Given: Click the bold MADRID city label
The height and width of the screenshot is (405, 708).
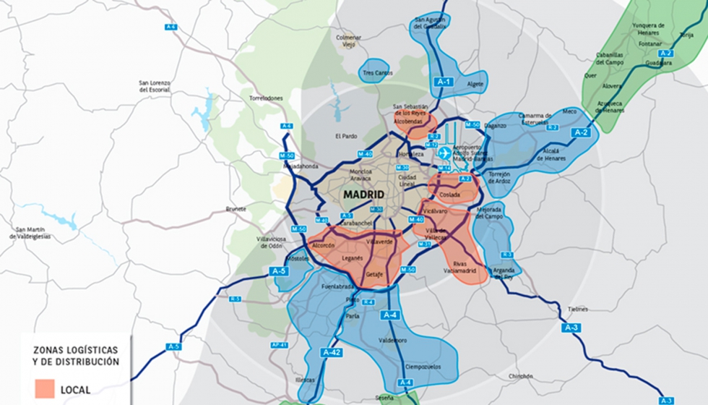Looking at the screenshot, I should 363,195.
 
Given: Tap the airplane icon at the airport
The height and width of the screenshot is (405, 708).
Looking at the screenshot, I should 444,153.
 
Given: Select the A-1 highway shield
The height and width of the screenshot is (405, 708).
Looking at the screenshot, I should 444,82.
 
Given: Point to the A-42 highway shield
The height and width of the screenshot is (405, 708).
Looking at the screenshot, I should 331,352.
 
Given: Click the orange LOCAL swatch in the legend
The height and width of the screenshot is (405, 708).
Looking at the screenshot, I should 48,389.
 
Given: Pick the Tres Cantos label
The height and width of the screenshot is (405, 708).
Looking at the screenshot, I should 378,73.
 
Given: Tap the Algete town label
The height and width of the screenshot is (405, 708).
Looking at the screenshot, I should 475,84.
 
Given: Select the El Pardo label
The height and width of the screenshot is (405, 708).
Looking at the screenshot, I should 346,136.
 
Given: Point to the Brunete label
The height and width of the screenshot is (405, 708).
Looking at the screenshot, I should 236,208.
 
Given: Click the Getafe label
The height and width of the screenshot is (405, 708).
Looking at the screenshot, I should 374,275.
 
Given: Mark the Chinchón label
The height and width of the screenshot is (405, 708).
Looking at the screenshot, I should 521,376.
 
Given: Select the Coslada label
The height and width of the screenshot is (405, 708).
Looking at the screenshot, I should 449,195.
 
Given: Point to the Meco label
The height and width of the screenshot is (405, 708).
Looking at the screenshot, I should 570,111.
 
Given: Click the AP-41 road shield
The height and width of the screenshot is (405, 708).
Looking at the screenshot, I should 280,345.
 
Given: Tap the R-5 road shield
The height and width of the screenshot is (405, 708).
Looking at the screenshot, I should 235,298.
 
